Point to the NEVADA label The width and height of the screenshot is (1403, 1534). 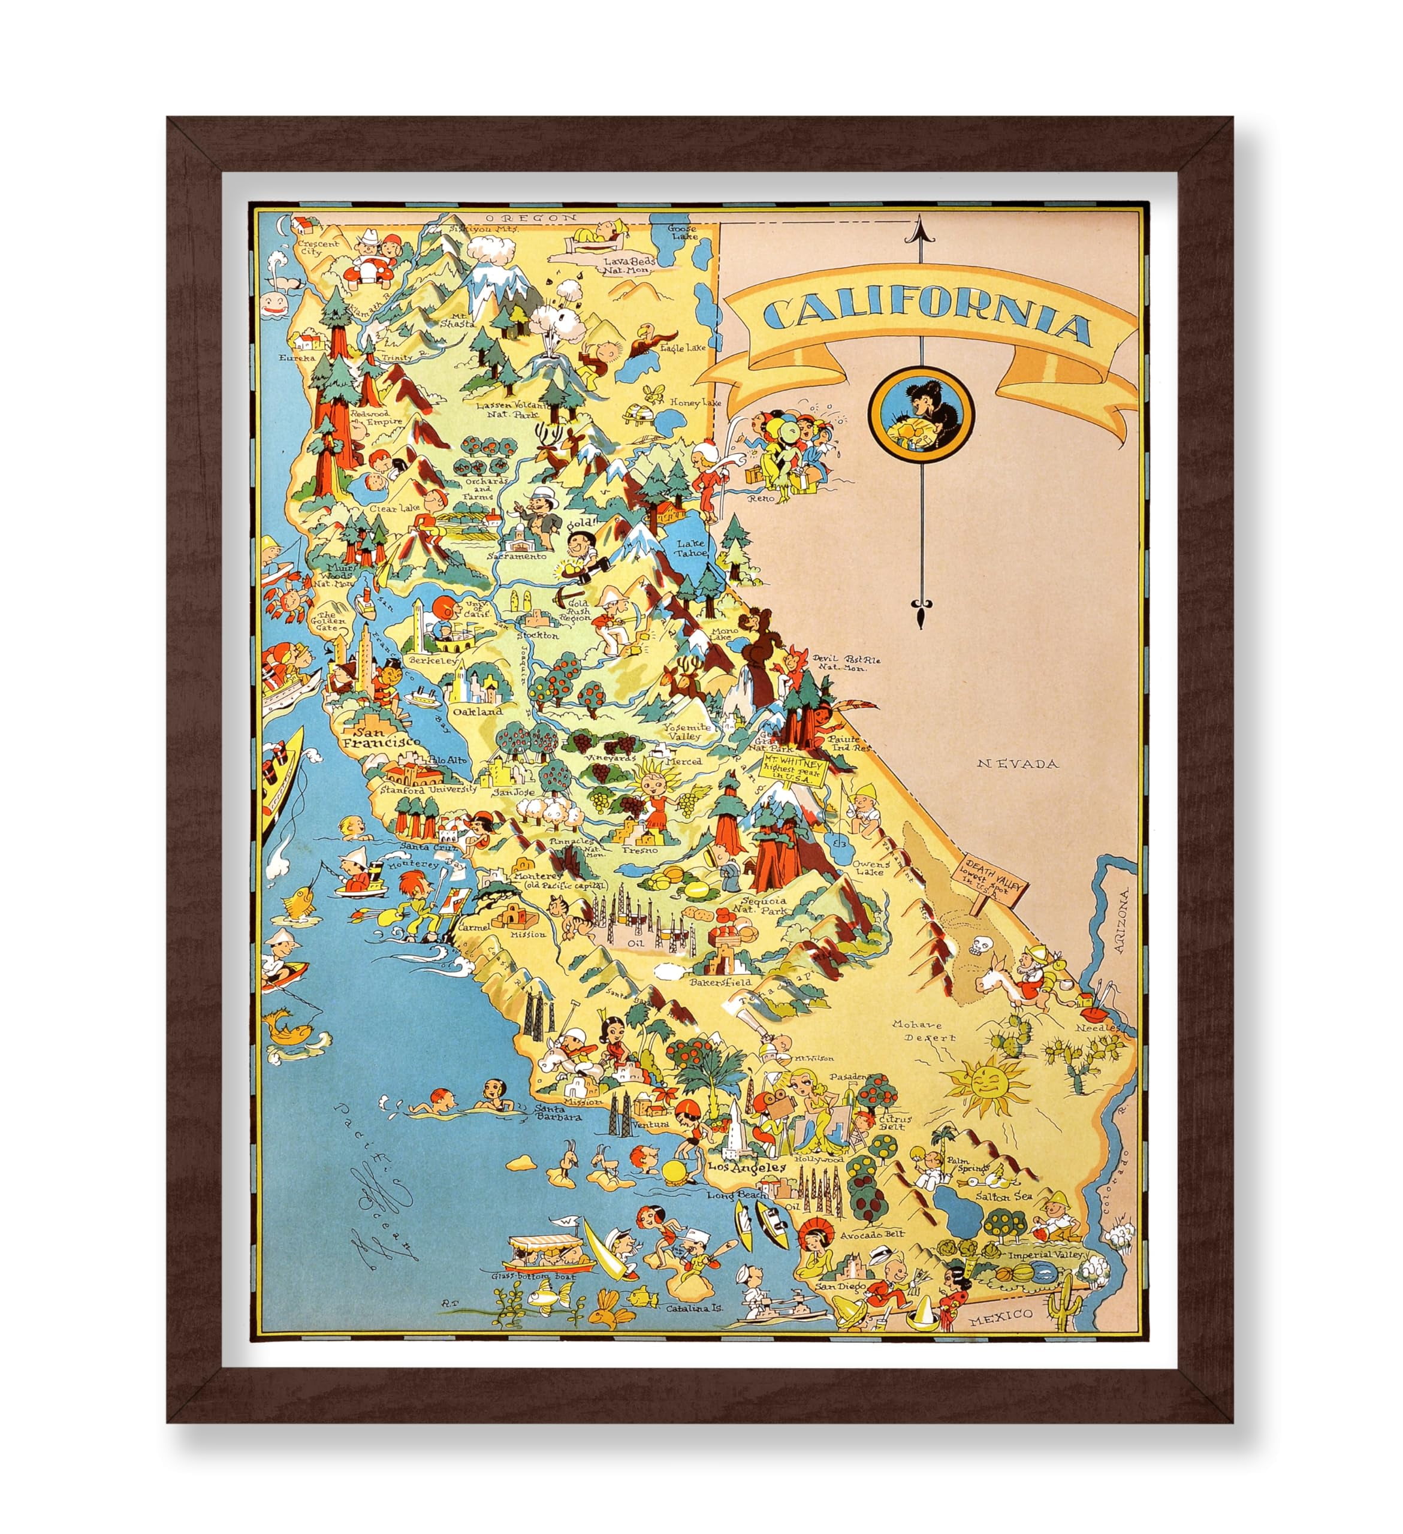(1019, 763)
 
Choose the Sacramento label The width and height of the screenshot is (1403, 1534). (521, 556)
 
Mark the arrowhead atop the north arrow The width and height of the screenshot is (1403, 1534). (921, 226)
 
